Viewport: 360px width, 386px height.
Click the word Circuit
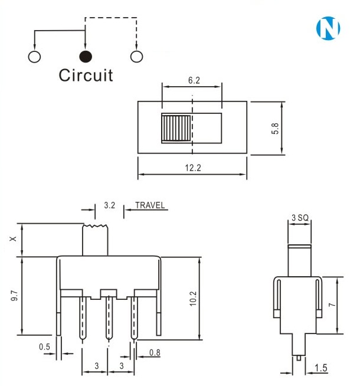(86, 76)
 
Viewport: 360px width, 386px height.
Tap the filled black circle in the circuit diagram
(86, 57)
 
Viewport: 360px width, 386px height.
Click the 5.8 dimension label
(275, 127)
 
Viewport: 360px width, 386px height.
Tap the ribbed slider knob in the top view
(176, 128)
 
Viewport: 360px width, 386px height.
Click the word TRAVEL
(150, 206)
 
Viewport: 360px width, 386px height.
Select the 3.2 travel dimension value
(109, 206)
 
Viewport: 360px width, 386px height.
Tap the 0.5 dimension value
(45, 347)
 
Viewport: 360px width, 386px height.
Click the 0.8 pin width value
(155, 353)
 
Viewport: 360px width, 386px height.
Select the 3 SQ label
(300, 218)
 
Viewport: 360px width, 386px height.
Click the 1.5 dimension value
(321, 368)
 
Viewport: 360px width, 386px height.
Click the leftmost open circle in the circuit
(34, 57)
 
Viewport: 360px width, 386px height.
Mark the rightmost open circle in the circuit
(136, 57)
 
